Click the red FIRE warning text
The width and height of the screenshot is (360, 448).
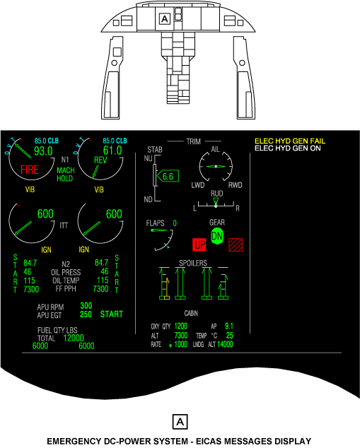(x=30, y=170)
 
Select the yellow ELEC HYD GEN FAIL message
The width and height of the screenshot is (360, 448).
(x=290, y=141)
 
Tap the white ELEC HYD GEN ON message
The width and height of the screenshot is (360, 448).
(x=288, y=148)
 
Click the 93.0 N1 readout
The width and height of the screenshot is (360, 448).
(x=43, y=151)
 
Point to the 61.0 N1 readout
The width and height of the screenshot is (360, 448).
(x=112, y=151)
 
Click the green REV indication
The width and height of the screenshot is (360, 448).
(x=100, y=160)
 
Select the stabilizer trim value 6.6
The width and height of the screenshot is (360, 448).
(x=168, y=177)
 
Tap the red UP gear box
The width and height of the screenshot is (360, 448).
(x=199, y=245)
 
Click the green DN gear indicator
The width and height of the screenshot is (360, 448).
(x=217, y=236)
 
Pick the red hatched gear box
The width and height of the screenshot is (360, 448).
(x=236, y=245)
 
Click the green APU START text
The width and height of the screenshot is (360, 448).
(x=111, y=314)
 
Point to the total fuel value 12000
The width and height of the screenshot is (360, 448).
(x=74, y=338)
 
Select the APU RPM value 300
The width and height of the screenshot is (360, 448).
(x=86, y=306)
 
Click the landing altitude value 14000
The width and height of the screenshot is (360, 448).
(x=225, y=344)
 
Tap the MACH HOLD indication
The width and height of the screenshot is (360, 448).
(x=66, y=175)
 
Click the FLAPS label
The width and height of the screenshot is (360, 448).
(x=156, y=223)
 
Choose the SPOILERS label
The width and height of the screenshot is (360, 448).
(x=193, y=263)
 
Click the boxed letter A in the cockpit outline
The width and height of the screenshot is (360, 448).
(x=165, y=19)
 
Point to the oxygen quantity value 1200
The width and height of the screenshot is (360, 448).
(x=181, y=326)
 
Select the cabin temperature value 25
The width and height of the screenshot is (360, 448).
(x=229, y=336)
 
